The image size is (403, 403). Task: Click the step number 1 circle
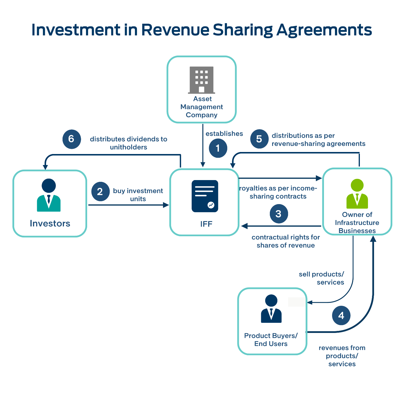tap(218, 148)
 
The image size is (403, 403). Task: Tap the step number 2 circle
tap(100, 191)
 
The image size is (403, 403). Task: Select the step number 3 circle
tap(279, 214)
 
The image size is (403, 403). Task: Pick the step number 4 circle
tap(341, 315)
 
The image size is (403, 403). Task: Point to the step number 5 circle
tap(259, 139)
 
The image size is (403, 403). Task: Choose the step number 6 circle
tap(72, 139)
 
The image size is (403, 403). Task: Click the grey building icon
tap(201, 80)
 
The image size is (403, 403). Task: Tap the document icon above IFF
tap(205, 196)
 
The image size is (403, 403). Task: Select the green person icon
tap(357, 194)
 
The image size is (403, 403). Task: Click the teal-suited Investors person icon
tap(49, 195)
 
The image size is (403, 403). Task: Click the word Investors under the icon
tap(50, 224)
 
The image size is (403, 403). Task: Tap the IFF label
tap(206, 224)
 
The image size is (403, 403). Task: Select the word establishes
tap(224, 133)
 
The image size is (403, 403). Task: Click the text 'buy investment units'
tap(138, 195)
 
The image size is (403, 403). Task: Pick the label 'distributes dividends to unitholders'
tap(129, 143)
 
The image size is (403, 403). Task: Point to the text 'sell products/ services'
tap(322, 278)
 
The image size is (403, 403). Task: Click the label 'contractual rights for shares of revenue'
tap(286, 241)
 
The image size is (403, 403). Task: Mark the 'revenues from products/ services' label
tap(342, 356)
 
